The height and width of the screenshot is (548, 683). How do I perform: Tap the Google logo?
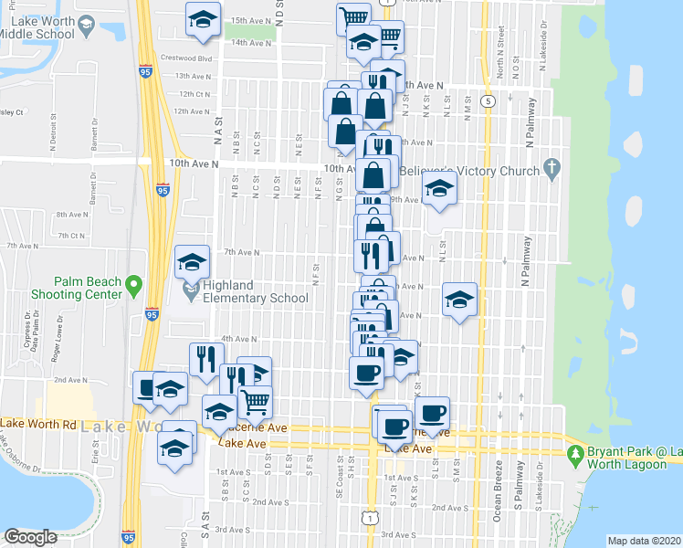(30, 537)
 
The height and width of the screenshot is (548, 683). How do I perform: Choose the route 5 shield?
(489, 100)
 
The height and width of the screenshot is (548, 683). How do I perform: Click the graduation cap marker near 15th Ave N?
(203, 19)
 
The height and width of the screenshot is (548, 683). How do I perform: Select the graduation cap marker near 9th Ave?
(439, 190)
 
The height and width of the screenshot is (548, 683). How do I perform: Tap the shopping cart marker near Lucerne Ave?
(255, 400)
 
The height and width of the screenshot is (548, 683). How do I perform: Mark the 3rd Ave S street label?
(400, 534)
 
